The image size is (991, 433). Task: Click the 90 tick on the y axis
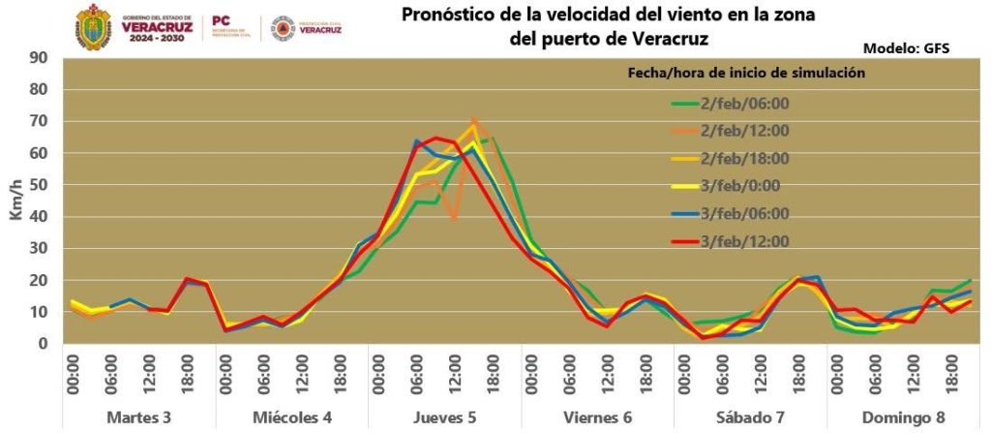tap(41, 57)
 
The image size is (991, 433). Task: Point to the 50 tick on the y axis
tap(41, 184)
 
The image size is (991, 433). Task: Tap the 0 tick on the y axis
tap(45, 344)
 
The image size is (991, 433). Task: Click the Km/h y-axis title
tap(16, 201)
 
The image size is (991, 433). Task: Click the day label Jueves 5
tap(444, 417)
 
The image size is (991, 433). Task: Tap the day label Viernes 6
tap(597, 417)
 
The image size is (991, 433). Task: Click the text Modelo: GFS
tap(906, 47)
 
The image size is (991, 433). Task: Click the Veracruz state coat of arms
tap(94, 26)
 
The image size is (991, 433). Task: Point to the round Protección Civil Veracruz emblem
tap(283, 28)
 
